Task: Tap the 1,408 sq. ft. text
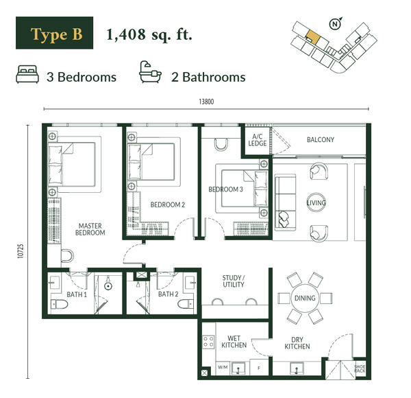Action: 149,35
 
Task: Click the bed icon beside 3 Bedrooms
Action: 27,74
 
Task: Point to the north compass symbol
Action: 334,25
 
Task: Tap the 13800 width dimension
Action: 207,102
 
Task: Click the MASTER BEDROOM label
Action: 90,229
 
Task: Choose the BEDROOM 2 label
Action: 168,204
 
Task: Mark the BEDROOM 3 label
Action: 225,189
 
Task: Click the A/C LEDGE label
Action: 258,139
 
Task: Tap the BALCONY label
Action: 320,140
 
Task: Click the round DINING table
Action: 304,298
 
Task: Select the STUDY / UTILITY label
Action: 234,281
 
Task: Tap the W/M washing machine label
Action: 223,368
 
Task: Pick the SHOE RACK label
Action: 360,369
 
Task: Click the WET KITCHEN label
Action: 234,341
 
